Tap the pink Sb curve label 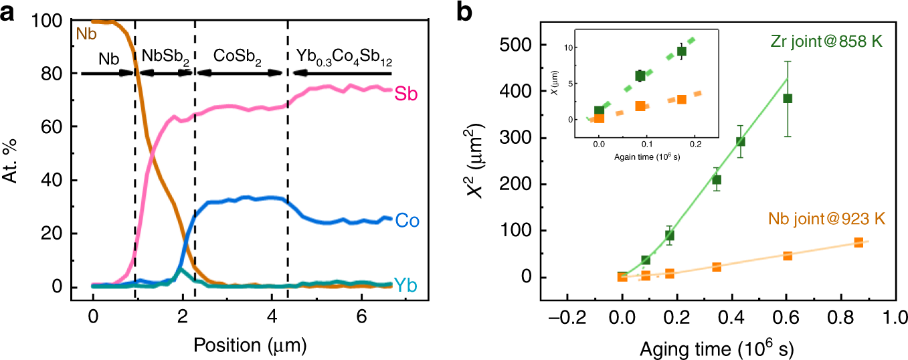(x=405, y=94)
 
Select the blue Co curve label (x=407, y=220)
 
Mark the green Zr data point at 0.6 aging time (x=788, y=98)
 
